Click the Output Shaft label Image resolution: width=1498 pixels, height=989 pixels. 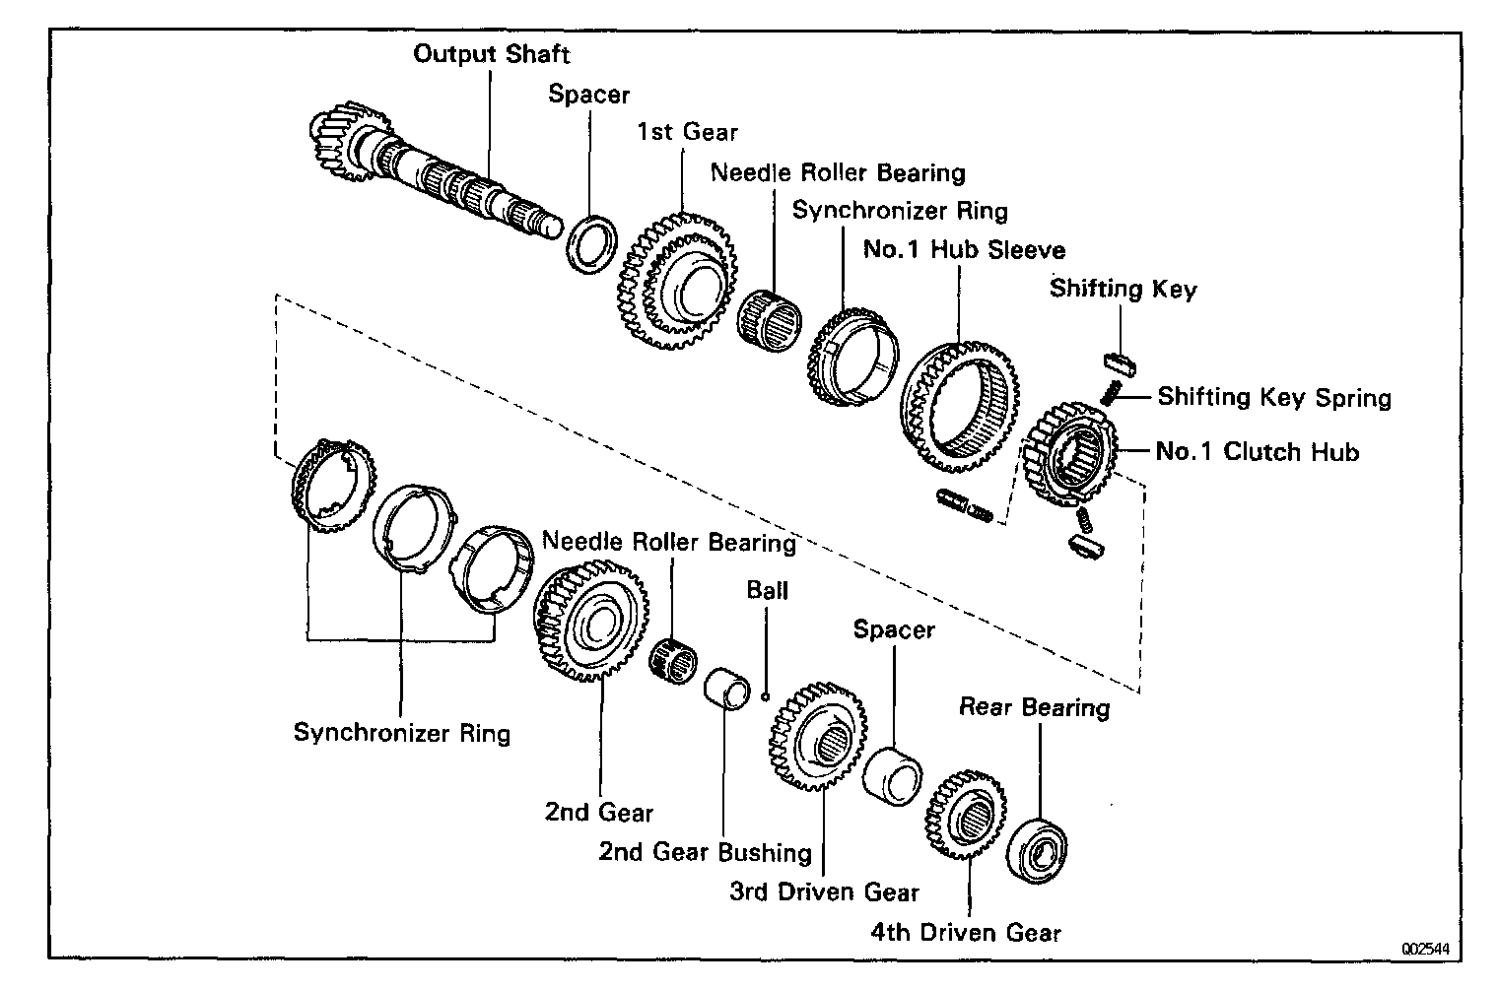coord(491,53)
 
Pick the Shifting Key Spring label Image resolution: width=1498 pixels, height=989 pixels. coord(1273,398)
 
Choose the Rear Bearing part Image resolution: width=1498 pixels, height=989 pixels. coord(1040,849)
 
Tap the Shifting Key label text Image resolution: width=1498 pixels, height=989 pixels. coord(1123,290)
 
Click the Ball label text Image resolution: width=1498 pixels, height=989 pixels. coord(767,590)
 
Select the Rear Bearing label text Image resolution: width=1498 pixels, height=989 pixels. coord(1034,707)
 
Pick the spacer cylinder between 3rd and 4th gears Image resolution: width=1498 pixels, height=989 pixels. coord(891,770)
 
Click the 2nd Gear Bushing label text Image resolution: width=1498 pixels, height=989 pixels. coord(705,852)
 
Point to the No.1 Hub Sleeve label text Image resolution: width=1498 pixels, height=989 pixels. coord(964,250)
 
